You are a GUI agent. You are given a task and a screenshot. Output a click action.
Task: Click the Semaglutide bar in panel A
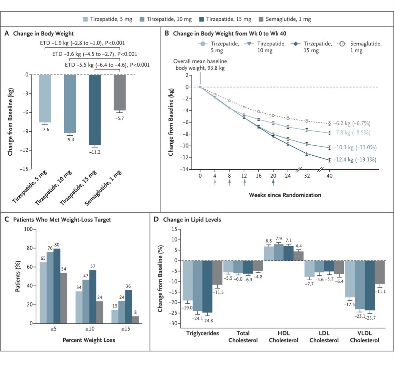point(120,93)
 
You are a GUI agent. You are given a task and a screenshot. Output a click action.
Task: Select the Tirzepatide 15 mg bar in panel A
point(95,110)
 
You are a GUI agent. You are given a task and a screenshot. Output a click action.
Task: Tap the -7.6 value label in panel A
point(45,130)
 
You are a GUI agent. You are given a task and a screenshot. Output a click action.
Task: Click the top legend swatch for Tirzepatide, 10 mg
point(142,19)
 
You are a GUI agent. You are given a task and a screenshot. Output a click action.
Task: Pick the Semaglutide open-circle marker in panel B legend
point(342,44)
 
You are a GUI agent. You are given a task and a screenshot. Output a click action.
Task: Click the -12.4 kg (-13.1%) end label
point(355,160)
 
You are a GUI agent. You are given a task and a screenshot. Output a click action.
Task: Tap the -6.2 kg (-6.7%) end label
point(352,123)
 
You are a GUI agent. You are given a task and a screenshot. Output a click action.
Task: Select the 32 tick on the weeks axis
point(307,176)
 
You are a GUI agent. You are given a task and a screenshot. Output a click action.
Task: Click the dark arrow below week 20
point(273,182)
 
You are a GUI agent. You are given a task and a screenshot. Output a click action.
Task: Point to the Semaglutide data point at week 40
point(330,123)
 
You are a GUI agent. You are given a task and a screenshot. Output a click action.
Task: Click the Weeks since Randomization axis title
point(285,195)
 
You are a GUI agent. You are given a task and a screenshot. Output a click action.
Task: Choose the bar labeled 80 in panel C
point(57,286)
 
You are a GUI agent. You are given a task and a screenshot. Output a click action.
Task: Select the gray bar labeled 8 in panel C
point(136,320)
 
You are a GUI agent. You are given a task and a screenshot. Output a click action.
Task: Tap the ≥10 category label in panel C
point(90,329)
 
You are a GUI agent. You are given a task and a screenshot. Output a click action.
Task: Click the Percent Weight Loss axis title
point(89,340)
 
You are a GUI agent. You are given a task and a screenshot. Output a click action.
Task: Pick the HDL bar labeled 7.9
point(279,252)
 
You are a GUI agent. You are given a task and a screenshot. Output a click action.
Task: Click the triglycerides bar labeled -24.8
point(207,287)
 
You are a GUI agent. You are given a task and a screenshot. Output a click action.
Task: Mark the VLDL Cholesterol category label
point(364,337)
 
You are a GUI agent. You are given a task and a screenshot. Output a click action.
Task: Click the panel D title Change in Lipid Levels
point(192,220)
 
